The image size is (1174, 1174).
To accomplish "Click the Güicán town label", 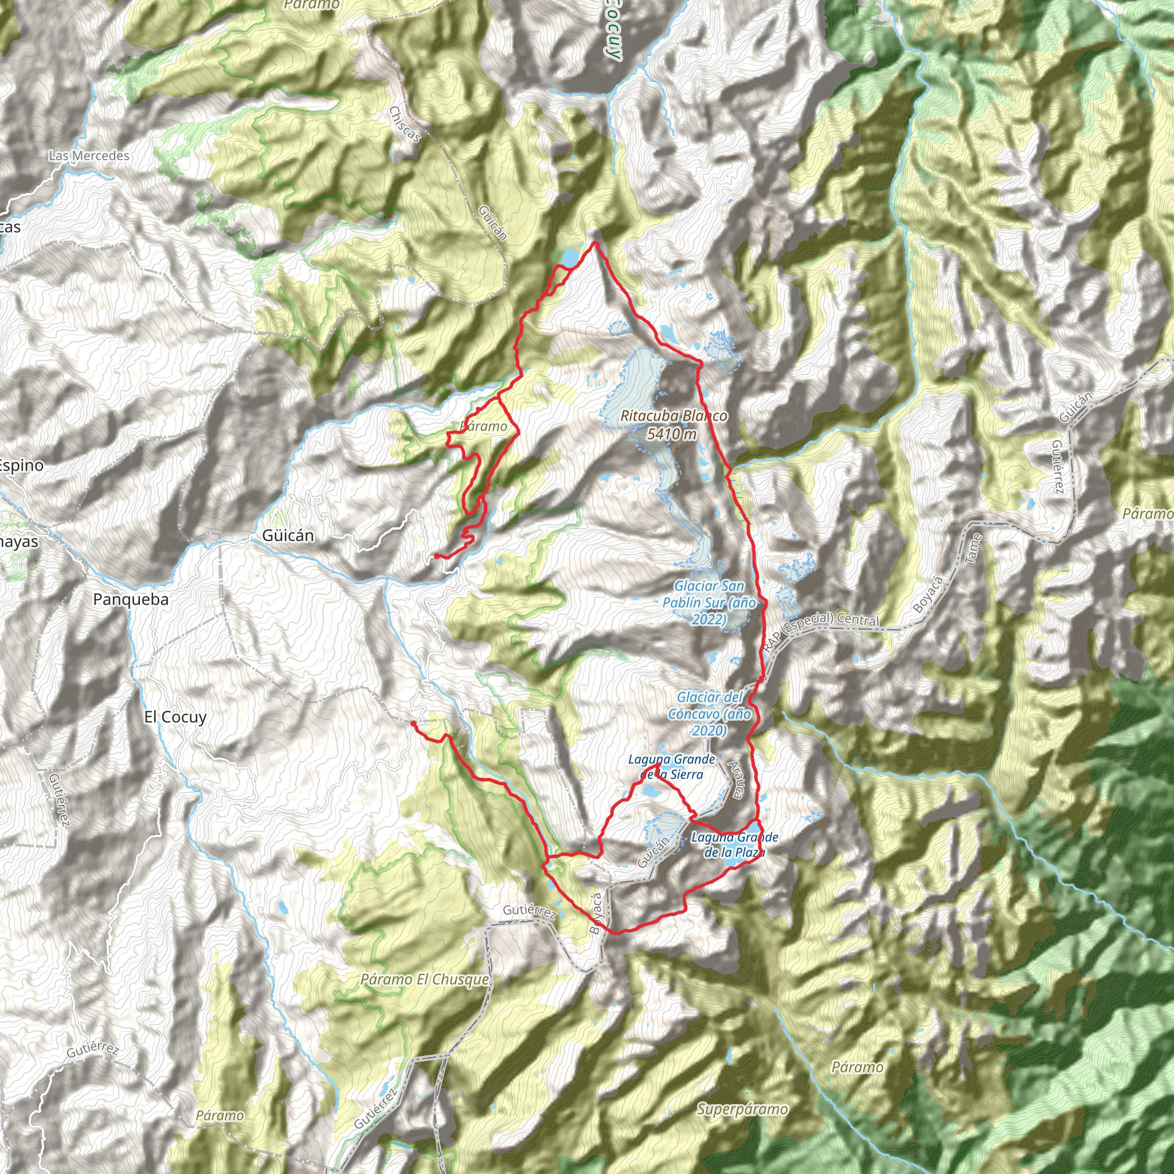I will pyautogui.click(x=288, y=535).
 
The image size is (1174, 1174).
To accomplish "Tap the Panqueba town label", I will pyautogui.click(x=131, y=599).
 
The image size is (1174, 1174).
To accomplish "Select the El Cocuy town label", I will pyautogui.click(x=175, y=717).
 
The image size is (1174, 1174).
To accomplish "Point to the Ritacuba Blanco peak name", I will pyautogui.click(x=674, y=416).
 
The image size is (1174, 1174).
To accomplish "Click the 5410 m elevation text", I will pyautogui.click(x=671, y=434).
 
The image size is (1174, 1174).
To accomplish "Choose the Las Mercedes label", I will pyautogui.click(x=89, y=155).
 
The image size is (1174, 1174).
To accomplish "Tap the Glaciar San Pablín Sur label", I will pyautogui.click(x=709, y=603).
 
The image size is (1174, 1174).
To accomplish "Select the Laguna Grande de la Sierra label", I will pyautogui.click(x=671, y=766).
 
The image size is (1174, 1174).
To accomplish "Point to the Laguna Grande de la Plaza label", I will pyautogui.click(x=735, y=844).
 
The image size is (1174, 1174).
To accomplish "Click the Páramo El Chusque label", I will pyautogui.click(x=424, y=980).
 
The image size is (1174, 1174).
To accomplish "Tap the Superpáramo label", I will pyautogui.click(x=742, y=1109).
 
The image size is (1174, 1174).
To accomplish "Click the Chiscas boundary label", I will pyautogui.click(x=405, y=124).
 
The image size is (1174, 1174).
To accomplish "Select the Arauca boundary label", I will pyautogui.click(x=735, y=780).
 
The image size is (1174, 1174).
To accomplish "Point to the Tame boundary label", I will pyautogui.click(x=973, y=549).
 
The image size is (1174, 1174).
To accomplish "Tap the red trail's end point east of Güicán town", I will pyautogui.click(x=436, y=556).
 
